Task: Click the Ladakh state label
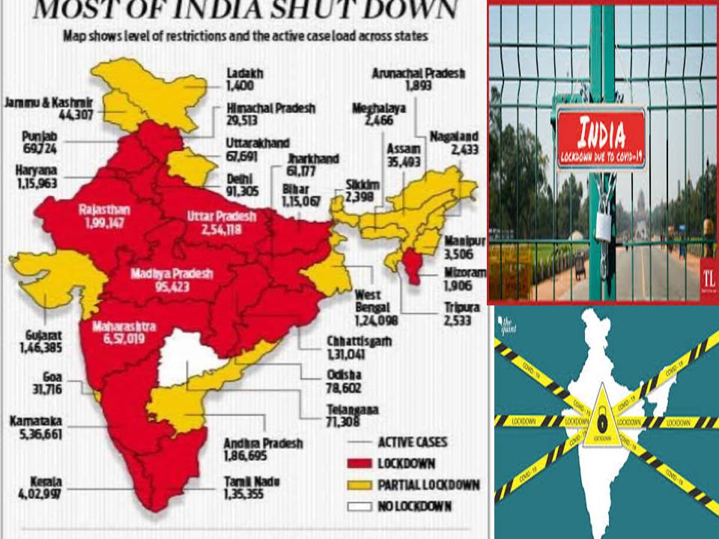245,74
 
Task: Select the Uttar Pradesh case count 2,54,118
221,230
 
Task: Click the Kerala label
26,481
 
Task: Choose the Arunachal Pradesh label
419,73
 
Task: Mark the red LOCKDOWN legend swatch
361,463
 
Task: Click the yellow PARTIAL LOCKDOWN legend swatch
361,485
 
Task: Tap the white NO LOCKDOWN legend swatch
361,507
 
